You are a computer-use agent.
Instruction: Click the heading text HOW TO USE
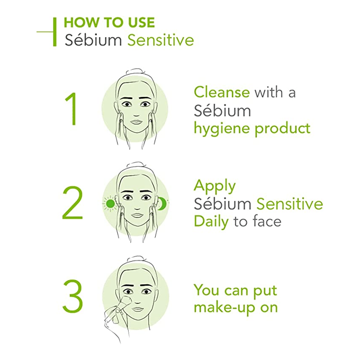pyautogui.click(x=109, y=22)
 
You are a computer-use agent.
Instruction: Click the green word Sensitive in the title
pyautogui.click(x=161, y=40)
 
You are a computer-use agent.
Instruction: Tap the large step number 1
pyautogui.click(x=71, y=109)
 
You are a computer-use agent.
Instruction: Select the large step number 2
pyautogui.click(x=73, y=202)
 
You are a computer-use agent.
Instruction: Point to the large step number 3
pyautogui.click(x=73, y=296)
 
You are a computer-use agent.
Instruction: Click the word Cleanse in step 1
pyautogui.click(x=222, y=92)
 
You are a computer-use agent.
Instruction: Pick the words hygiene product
pyautogui.click(x=252, y=129)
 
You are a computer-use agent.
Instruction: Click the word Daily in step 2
pyautogui.click(x=211, y=222)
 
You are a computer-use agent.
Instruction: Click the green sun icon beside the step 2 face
pyautogui.click(x=110, y=203)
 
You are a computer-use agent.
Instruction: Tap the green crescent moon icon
pyautogui.click(x=164, y=203)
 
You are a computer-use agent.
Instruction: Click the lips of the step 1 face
pyautogui.click(x=137, y=122)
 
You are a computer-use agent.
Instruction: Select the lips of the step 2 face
pyautogui.click(x=137, y=215)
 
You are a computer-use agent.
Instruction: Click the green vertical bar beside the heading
pyautogui.click(x=55, y=32)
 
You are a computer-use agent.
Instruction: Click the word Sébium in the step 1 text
pyautogui.click(x=222, y=111)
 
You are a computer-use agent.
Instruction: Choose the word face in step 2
pyautogui.click(x=267, y=222)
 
